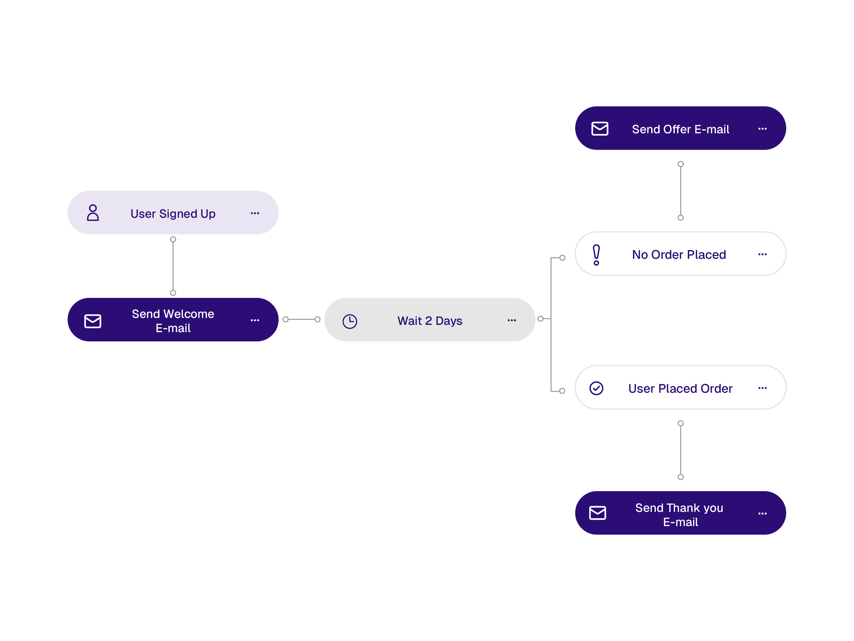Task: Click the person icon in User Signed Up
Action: pos(93,213)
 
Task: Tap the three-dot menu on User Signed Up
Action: pos(255,213)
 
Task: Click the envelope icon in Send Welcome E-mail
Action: pos(93,321)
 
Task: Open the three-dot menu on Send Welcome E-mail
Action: pos(255,320)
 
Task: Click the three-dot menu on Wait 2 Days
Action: pos(512,320)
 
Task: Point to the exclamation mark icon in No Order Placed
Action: pos(596,255)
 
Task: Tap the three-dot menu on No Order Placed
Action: pos(762,254)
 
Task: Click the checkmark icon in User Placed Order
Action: pos(596,388)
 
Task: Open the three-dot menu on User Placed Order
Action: pos(762,388)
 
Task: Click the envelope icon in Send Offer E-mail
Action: pos(600,129)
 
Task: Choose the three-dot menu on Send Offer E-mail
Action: pos(762,129)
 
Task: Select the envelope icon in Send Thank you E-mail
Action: pos(598,513)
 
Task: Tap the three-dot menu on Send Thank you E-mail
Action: pos(762,513)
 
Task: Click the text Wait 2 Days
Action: pos(430,321)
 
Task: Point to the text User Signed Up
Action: pos(173,214)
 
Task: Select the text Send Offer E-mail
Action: pos(681,129)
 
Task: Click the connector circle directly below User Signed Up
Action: pos(173,240)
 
